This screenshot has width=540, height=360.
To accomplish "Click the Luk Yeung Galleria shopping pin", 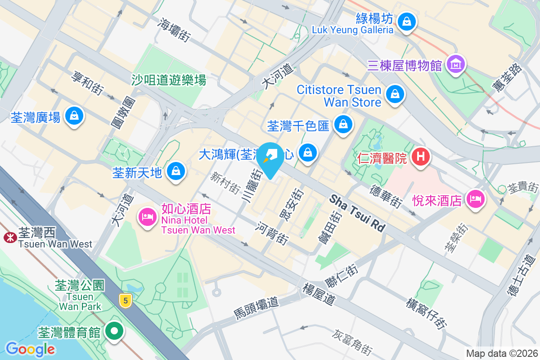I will [406, 21].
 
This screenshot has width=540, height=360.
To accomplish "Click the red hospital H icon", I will [421, 157].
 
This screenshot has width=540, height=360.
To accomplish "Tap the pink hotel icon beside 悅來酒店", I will [476, 198].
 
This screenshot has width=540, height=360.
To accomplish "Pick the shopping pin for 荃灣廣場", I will [73, 116].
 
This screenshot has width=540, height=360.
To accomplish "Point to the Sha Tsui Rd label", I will [358, 213].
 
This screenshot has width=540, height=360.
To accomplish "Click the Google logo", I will [30, 349].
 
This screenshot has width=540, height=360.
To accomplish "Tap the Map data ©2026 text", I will [501, 353].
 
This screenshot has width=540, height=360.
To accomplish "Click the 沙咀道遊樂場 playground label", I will [169, 80].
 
